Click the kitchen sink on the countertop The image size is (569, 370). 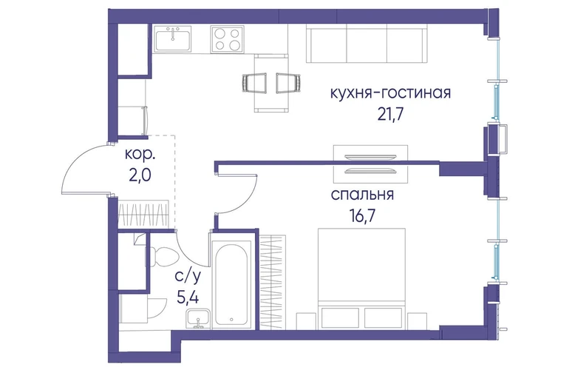click(173, 39)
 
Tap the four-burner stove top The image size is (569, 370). click(227, 39)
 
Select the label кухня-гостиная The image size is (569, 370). click(390, 93)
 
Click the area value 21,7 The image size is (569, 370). click(390, 115)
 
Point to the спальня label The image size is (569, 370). click(362, 195)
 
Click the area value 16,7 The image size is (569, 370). click(363, 216)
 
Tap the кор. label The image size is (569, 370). click(140, 155)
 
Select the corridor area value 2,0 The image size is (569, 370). click(140, 175)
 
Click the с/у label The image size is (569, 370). click(188, 277)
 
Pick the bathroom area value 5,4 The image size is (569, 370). click(188, 298)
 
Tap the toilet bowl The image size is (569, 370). click(163, 257)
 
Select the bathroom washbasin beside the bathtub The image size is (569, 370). click(198, 318)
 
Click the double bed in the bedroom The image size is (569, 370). click(361, 279)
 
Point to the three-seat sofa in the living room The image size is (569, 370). click(367, 43)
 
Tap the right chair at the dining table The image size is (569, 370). click(288, 83)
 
